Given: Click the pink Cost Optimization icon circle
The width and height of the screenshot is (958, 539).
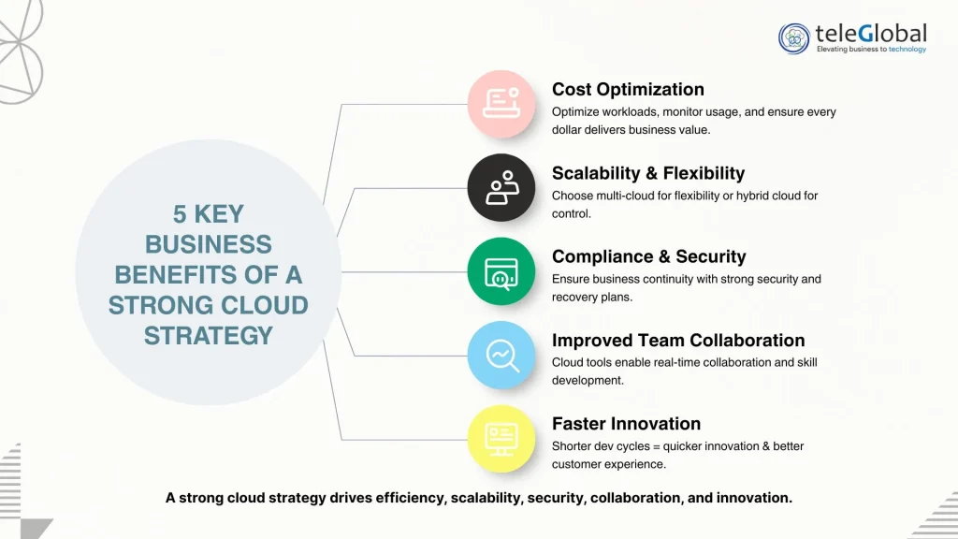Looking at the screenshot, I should point(501,104).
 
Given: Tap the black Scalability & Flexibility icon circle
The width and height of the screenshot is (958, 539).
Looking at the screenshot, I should point(501,187).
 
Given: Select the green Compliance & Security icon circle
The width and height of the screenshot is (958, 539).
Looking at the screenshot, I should point(501,271).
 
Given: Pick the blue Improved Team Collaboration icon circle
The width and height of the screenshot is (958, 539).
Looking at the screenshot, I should point(501,355).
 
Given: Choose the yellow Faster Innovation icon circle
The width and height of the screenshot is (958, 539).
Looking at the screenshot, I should point(501,438).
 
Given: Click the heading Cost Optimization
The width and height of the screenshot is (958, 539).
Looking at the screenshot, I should point(628,90).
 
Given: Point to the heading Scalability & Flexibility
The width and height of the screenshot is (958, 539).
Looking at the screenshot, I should point(648,173).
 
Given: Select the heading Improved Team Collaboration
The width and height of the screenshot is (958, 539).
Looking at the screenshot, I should point(678,341).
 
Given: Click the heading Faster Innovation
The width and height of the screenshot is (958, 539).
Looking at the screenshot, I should point(626,424).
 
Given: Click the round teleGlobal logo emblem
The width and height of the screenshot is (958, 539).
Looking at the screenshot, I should point(794,38).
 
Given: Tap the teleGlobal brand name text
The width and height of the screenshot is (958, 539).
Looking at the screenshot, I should point(871,34).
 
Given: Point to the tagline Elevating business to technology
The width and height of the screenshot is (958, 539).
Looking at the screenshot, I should point(871,50).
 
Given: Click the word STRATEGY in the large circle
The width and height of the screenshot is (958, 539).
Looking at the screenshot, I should point(209,335).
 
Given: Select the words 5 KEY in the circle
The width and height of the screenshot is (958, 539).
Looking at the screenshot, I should point(209,213).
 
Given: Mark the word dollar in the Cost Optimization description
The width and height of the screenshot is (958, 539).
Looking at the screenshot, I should point(569,130).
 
